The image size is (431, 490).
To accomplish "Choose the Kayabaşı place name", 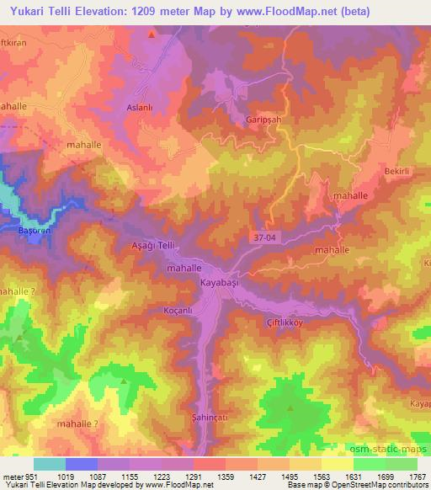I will [220, 284].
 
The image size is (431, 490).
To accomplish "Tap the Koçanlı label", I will [178, 310].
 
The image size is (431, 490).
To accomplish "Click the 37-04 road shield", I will [263, 239].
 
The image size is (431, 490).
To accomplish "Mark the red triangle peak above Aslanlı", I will [152, 35].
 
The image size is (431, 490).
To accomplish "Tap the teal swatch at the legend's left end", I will [49, 464].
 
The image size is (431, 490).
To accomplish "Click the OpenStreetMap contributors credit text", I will [381, 486].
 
